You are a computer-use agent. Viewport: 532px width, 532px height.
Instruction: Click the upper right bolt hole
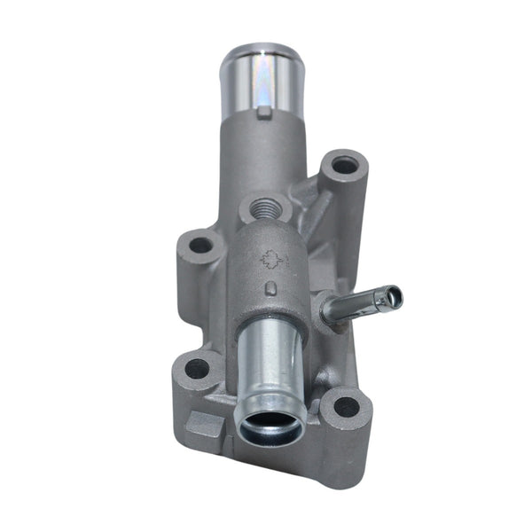pyautogui.click(x=345, y=165)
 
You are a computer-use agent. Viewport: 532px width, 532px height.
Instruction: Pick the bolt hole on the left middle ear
pyautogui.click(x=201, y=245)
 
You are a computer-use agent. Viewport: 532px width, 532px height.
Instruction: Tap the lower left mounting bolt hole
pyautogui.click(x=197, y=367)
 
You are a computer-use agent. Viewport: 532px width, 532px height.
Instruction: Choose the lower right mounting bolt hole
pyautogui.click(x=346, y=407)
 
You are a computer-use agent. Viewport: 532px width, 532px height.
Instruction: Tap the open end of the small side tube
pyautogui.click(x=391, y=296)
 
